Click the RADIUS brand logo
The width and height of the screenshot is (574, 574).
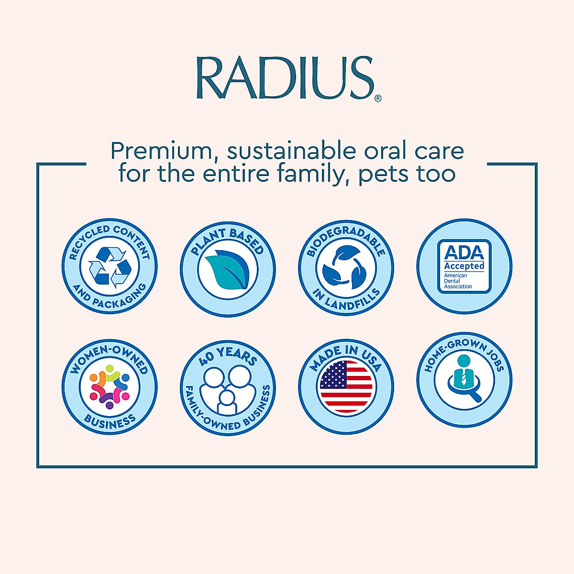285,78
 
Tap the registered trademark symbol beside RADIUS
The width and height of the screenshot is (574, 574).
378,99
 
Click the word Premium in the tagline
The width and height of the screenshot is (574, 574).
165,151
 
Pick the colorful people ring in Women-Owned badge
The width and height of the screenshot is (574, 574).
110,386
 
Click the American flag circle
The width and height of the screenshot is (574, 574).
346,387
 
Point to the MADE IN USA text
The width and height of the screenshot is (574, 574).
345,356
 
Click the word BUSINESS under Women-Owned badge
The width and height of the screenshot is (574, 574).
110,421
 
